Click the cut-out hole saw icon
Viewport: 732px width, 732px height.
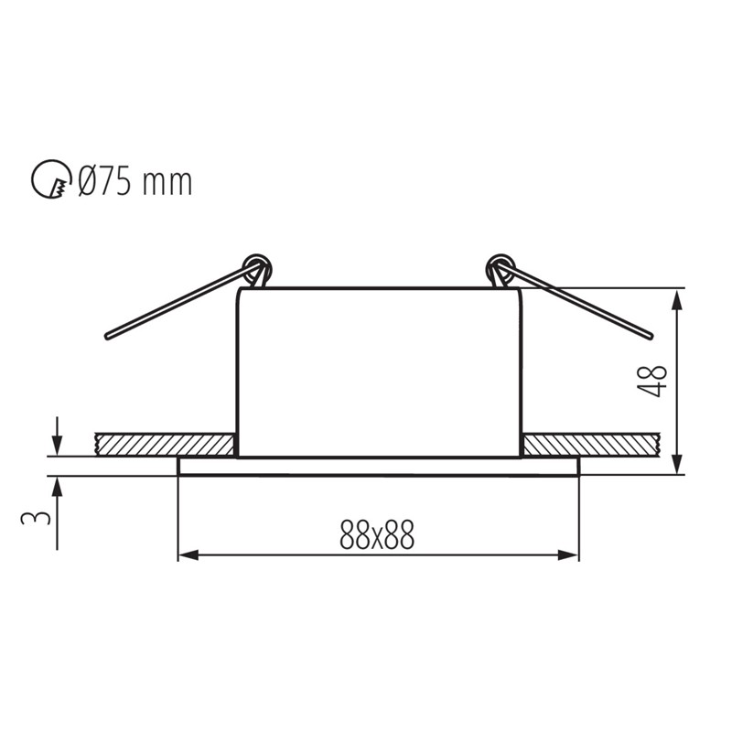(50, 179)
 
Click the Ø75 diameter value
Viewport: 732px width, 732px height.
(108, 180)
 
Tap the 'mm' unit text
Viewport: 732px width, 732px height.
(169, 182)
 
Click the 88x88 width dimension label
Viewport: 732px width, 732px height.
(377, 534)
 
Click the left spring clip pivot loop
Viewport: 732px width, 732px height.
(257, 269)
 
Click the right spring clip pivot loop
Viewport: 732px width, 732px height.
(500, 269)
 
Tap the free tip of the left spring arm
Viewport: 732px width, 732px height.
(109, 335)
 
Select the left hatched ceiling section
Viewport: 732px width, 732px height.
(165, 445)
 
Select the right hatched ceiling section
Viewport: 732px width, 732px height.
(590, 445)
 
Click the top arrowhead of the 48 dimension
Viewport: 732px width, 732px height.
(677, 297)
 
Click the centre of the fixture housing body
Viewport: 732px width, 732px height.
(379, 371)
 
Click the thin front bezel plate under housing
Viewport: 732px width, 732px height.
(378, 466)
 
